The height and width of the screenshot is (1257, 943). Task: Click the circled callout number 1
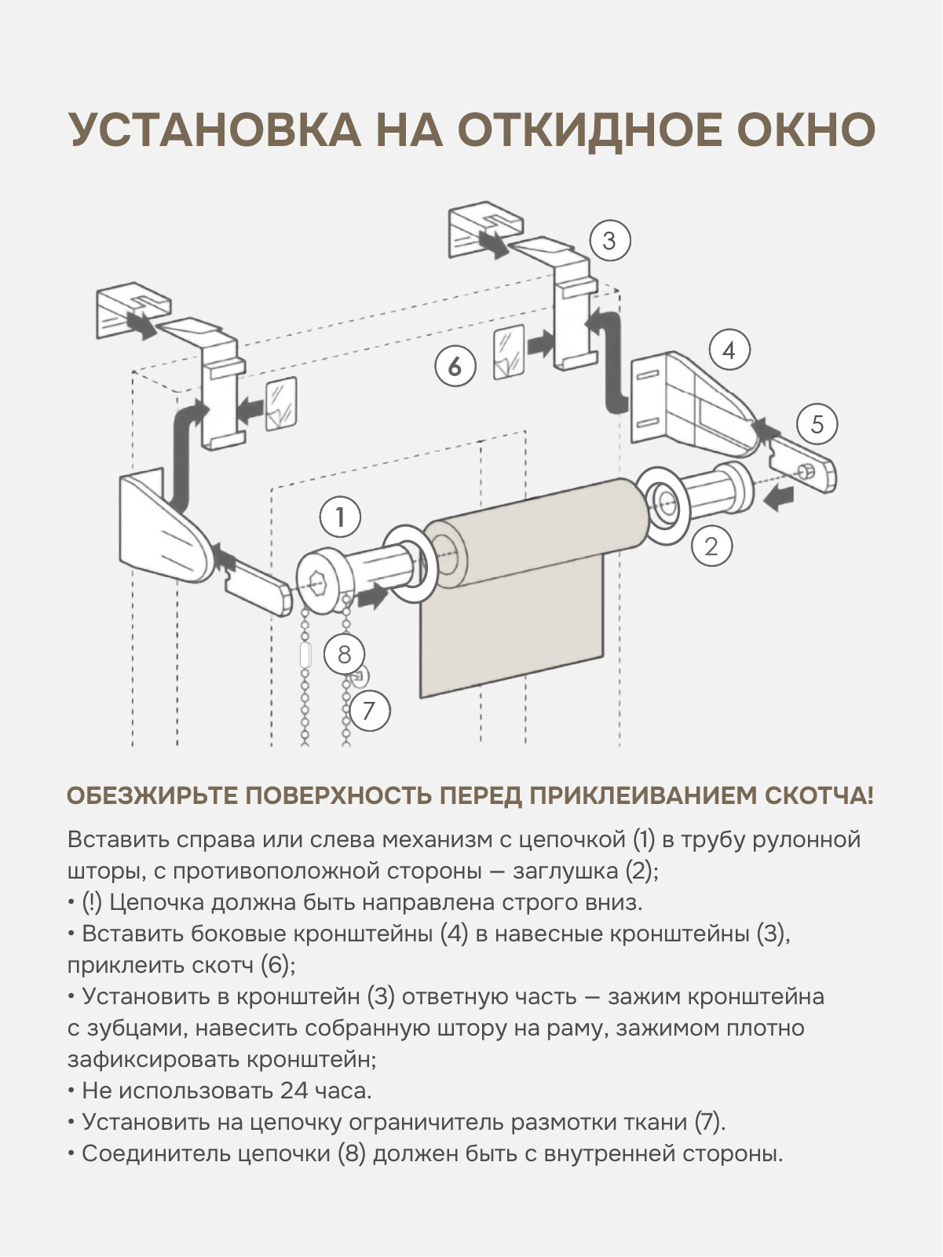point(340,517)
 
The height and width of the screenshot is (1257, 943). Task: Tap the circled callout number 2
point(711,546)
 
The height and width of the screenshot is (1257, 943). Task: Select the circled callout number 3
point(610,240)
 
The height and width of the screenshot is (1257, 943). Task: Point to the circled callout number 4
point(729,350)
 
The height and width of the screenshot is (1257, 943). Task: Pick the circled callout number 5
point(817,425)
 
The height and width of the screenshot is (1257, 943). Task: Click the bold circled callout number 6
point(456,366)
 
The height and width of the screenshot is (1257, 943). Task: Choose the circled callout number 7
point(370,711)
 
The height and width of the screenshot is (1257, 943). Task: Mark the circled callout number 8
point(344,653)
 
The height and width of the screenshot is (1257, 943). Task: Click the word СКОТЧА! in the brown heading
point(818,796)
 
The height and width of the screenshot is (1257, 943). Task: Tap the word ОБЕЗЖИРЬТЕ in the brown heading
point(152,796)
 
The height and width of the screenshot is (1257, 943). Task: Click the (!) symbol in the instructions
point(92,902)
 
